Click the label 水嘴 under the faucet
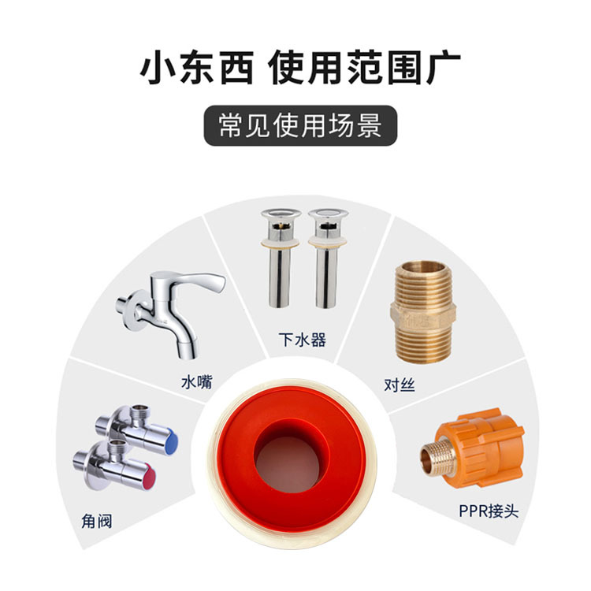tap(197, 382)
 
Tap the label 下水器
tap(302, 340)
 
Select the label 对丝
tap(400, 385)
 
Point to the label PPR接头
tap(489, 511)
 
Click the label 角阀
tap(97, 522)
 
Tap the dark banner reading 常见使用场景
tap(300, 125)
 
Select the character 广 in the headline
tap(443, 69)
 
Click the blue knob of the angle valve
tap(172, 442)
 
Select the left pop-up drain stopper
tap(281, 258)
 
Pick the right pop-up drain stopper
tap(328, 258)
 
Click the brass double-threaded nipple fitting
tap(422, 312)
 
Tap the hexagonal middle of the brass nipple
tap(422, 316)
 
